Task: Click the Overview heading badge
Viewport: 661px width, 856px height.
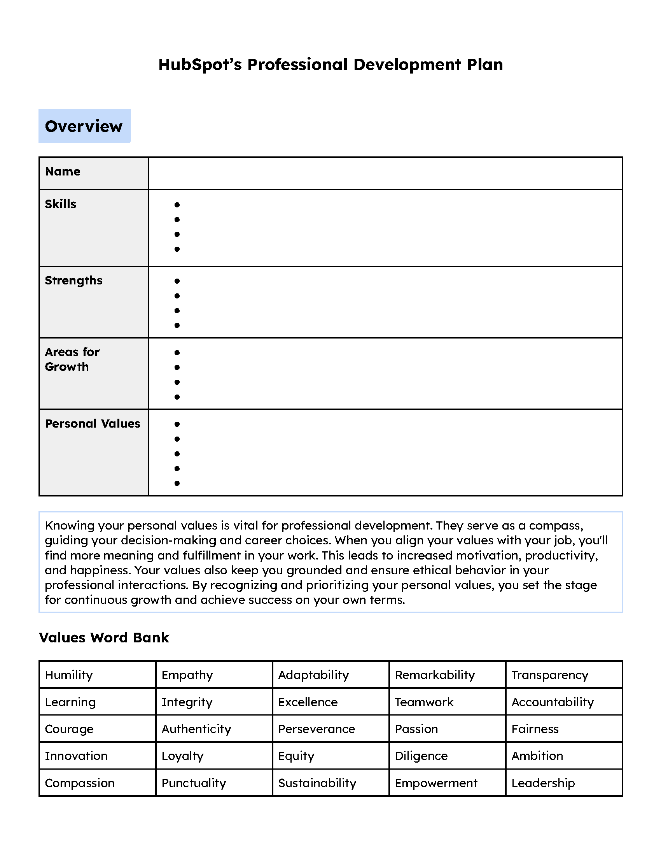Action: point(84,126)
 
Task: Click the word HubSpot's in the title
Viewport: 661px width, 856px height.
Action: point(200,65)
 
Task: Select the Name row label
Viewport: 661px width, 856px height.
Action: point(63,172)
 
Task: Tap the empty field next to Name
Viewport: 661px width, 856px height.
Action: point(385,173)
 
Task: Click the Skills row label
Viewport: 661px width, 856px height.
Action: point(60,204)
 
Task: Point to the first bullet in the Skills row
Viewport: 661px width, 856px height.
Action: point(177,205)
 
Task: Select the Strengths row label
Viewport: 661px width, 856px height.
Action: point(73,281)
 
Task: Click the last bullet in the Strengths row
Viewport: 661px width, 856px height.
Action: point(177,325)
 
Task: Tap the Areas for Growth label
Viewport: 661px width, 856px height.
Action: point(72,360)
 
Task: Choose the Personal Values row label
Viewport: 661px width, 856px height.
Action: point(93,424)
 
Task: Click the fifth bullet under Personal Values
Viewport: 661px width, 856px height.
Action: point(177,483)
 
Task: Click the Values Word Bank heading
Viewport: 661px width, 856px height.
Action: point(104,638)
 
